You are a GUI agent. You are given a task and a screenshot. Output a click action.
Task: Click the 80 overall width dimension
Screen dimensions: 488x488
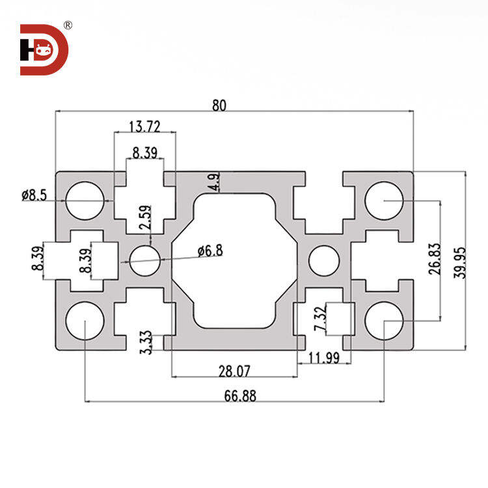coord(219,106)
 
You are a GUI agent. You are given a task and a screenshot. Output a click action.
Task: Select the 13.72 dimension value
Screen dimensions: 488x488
coord(144,126)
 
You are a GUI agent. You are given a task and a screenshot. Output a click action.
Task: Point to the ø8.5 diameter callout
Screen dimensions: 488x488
coord(34,195)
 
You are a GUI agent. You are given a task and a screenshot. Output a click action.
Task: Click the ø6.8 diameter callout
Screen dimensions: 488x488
coord(210,250)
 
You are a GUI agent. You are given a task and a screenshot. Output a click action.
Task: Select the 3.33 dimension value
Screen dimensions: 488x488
coord(146,342)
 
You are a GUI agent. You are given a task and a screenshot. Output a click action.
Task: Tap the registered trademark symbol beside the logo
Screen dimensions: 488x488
coord(68,25)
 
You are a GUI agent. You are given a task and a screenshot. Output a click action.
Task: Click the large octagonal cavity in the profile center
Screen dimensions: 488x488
coord(235,260)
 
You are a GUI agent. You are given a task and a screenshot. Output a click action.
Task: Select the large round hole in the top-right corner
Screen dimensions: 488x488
coord(384,199)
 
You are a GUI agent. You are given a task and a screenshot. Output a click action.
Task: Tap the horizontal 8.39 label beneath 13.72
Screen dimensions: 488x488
coord(144,153)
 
